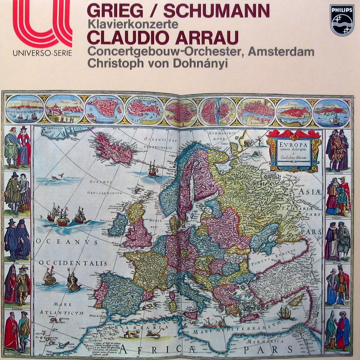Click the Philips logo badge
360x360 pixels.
pos(342,20)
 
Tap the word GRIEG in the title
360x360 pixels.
pos(115,11)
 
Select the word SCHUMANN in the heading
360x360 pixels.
pos(216,11)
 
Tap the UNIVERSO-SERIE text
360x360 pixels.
pos(42,53)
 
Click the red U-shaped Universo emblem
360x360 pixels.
pos(42,23)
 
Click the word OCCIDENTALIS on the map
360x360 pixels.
pos(73,263)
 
